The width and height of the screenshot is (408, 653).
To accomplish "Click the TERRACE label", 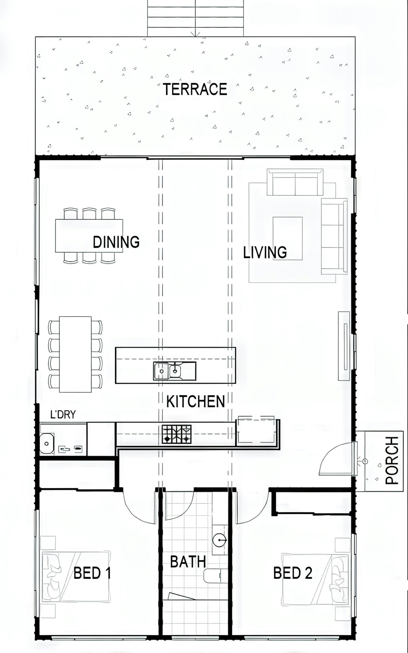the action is pos(195,89).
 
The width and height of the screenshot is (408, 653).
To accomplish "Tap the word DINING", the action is pos(116,242).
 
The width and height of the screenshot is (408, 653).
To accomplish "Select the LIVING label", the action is pos(265,252).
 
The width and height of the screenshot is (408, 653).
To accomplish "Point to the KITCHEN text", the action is pos(196,401).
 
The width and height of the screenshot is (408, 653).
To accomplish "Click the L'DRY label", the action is pos(63,414).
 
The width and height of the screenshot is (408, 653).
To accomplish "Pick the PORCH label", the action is pos(392,460).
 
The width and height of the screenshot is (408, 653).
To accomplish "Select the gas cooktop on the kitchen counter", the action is pos(177,434).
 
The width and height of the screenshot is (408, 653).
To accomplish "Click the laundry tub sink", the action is pos(47,443).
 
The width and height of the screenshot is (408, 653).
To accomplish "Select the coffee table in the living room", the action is pos(287,238).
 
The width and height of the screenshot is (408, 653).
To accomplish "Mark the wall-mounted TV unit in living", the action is pos(344,346).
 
